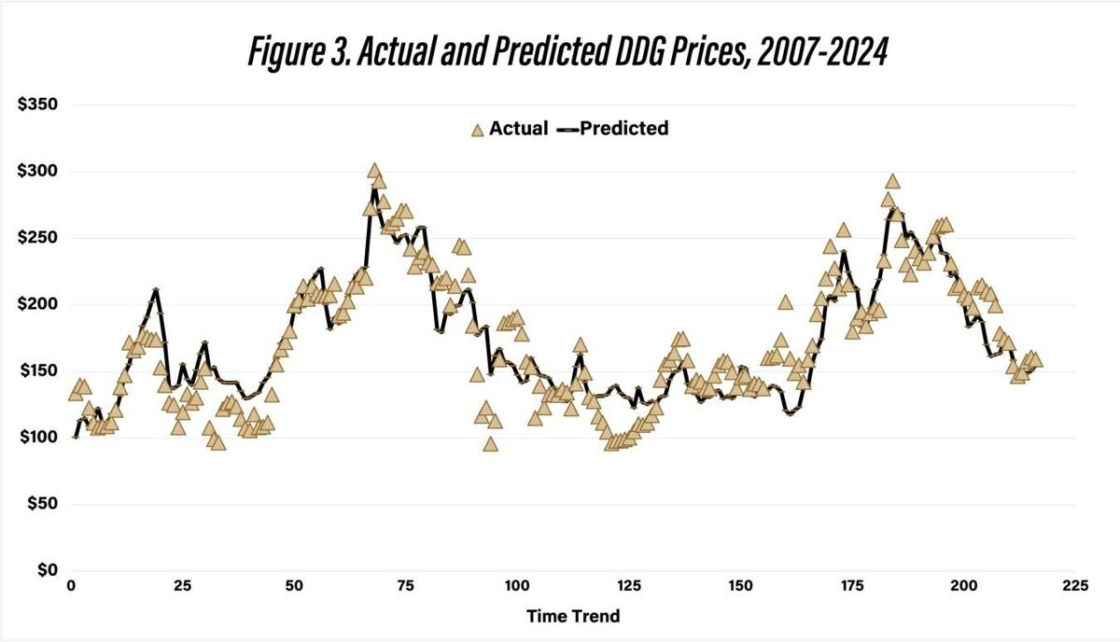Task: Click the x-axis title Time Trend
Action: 573,616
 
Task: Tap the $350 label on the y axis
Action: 38,105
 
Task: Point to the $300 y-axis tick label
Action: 38,172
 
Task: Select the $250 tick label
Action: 38,238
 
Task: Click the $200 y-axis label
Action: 38,304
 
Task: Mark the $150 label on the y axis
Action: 38,370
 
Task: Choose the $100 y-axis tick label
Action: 38,437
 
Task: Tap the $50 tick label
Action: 43,504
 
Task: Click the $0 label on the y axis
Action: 47,570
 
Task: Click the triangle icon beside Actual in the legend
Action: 477,130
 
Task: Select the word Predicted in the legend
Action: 623,129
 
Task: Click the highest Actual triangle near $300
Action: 375,172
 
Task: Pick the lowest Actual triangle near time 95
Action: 491,444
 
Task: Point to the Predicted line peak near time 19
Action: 156,290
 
